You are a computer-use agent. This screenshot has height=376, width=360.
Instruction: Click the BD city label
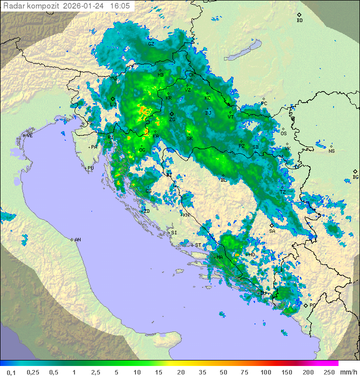point(299,21)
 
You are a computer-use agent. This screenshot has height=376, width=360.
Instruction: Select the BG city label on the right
point(355,177)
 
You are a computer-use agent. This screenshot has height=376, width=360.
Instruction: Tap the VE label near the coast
point(29,136)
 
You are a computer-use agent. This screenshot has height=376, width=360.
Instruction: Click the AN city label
point(77,240)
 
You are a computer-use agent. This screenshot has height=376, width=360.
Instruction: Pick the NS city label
point(331,151)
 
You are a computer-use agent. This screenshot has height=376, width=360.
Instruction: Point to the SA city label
point(272,231)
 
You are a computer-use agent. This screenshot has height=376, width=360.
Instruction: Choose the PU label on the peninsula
point(90,168)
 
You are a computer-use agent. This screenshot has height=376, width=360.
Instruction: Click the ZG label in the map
point(172,120)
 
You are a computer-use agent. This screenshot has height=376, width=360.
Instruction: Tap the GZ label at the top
point(151,44)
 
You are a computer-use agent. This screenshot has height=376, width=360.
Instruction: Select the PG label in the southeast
point(313,305)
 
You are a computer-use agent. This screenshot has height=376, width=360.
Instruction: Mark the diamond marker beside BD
point(299,15)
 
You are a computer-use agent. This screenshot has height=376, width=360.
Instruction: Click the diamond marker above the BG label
point(355,171)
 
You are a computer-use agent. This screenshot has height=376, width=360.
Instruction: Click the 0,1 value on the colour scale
point(11,372)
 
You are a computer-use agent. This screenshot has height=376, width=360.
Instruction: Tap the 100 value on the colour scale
point(265,372)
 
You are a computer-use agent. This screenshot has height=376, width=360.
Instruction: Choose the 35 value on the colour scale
point(202,372)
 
